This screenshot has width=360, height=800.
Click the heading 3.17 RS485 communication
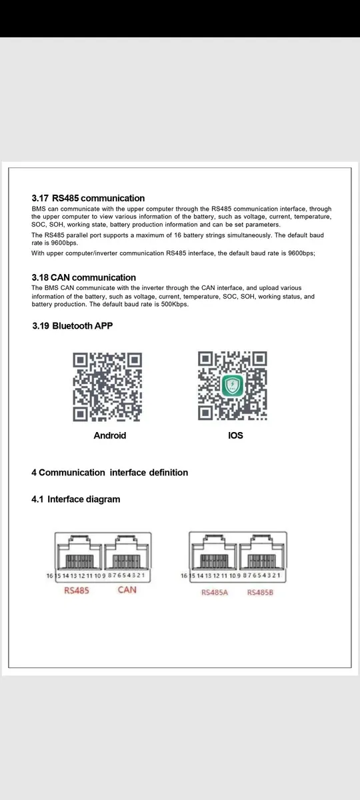tap(88, 198)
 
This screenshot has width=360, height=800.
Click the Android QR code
tap(108, 387)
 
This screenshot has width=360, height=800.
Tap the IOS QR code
tap(233, 387)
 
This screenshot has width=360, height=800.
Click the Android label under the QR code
tap(109, 435)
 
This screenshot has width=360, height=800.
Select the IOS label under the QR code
tap(235, 435)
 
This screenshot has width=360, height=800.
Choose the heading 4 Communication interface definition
tap(109, 473)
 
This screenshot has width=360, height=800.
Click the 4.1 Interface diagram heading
tap(75, 499)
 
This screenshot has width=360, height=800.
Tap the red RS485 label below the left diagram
tap(77, 590)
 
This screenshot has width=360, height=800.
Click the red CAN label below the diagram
tap(127, 590)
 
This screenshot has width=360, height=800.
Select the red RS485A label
tap(215, 592)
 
